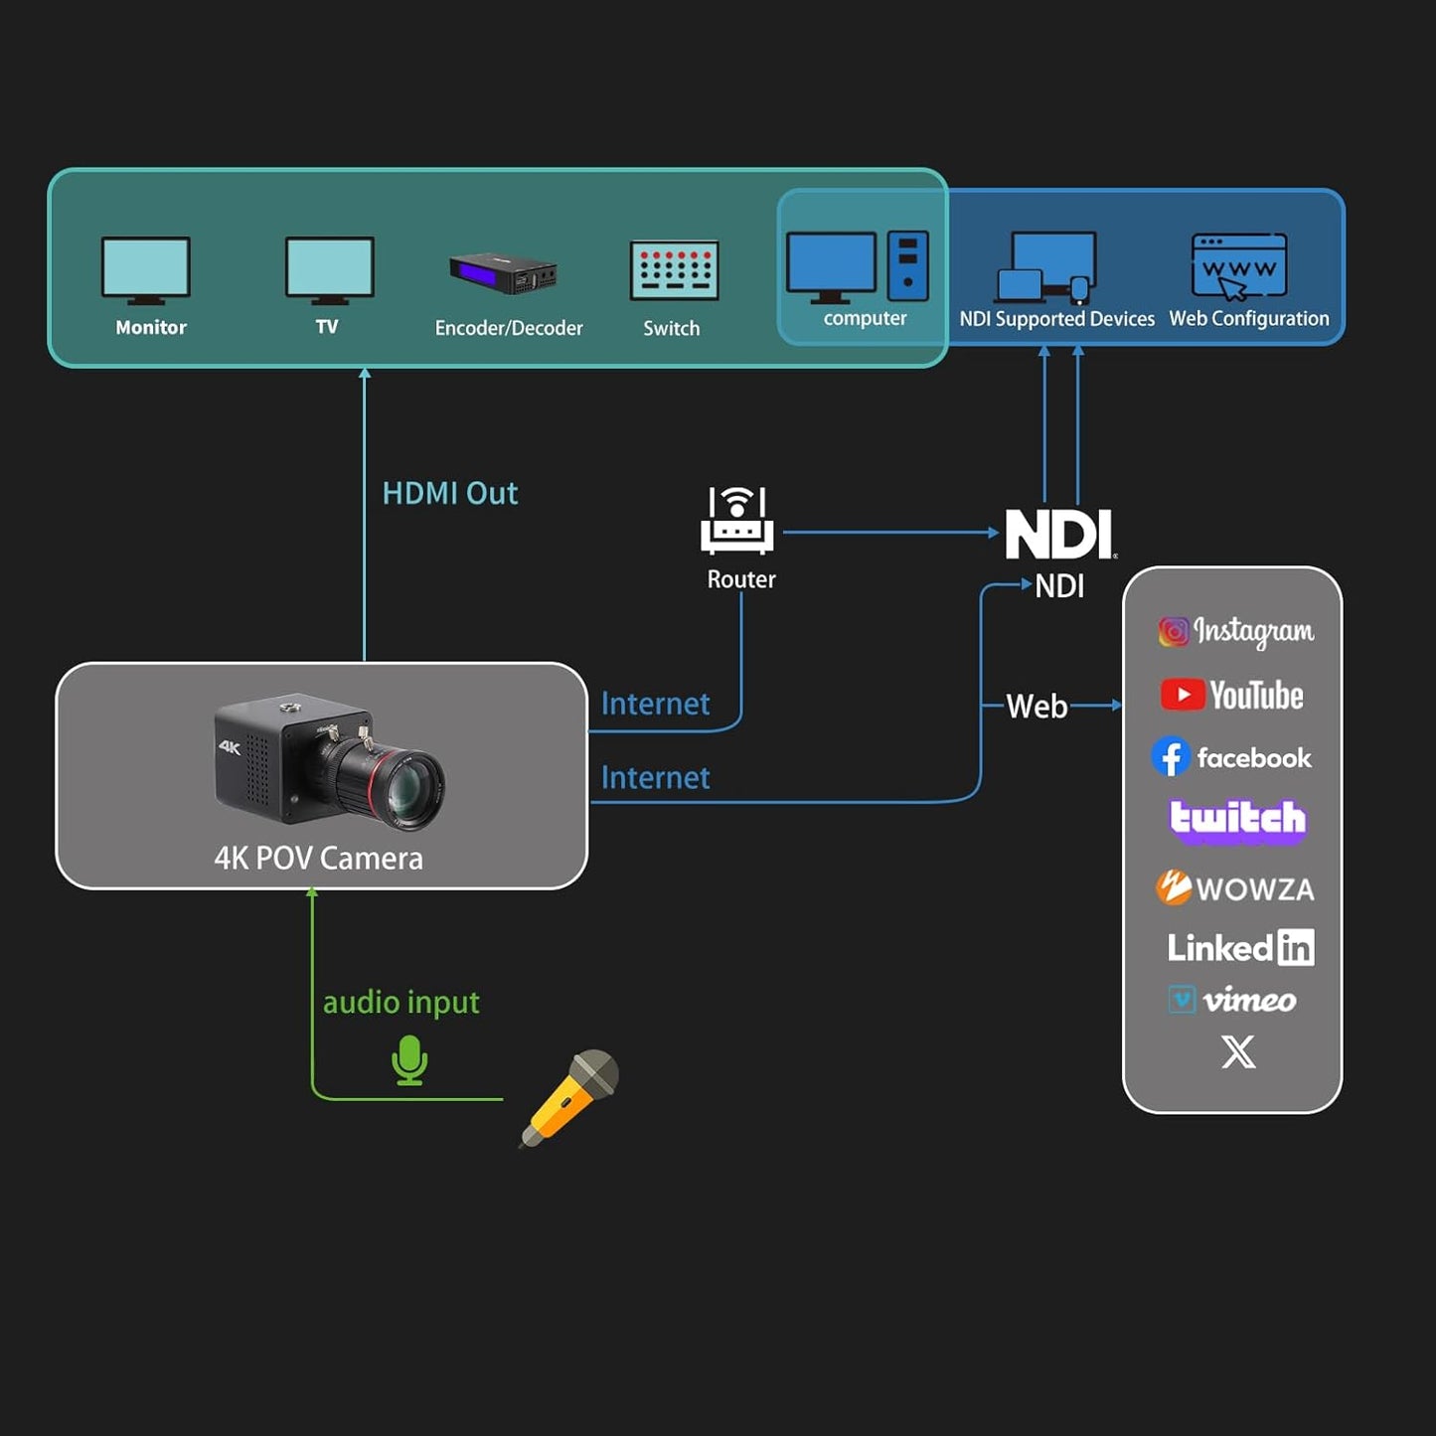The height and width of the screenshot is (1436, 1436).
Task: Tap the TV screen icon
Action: [x=329, y=269]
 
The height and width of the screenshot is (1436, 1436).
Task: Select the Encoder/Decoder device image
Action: [x=504, y=272]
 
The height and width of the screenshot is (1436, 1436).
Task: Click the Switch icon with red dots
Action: [x=674, y=270]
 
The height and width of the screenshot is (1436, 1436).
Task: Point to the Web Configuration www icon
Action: [x=1239, y=266]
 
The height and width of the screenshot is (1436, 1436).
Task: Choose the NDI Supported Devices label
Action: [x=1056, y=319]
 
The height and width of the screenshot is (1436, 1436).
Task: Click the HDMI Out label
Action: [x=450, y=493]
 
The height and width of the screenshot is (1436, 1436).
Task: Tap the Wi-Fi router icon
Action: [x=736, y=521]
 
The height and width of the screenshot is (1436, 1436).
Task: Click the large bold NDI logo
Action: [x=1058, y=535]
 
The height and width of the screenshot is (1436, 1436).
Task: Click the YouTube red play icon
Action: [x=1182, y=695]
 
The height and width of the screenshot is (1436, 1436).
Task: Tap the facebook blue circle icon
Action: [x=1171, y=757]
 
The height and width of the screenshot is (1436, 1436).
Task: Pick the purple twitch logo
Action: [x=1237, y=821]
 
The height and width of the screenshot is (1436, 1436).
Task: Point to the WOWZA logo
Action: [x=1235, y=887]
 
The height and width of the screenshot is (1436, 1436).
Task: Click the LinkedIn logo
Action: [x=1240, y=948]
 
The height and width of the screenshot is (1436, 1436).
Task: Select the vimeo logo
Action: [x=1233, y=999]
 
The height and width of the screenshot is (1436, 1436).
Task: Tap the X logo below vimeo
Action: [x=1238, y=1051]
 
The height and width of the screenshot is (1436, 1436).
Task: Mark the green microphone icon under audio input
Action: [x=409, y=1060]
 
